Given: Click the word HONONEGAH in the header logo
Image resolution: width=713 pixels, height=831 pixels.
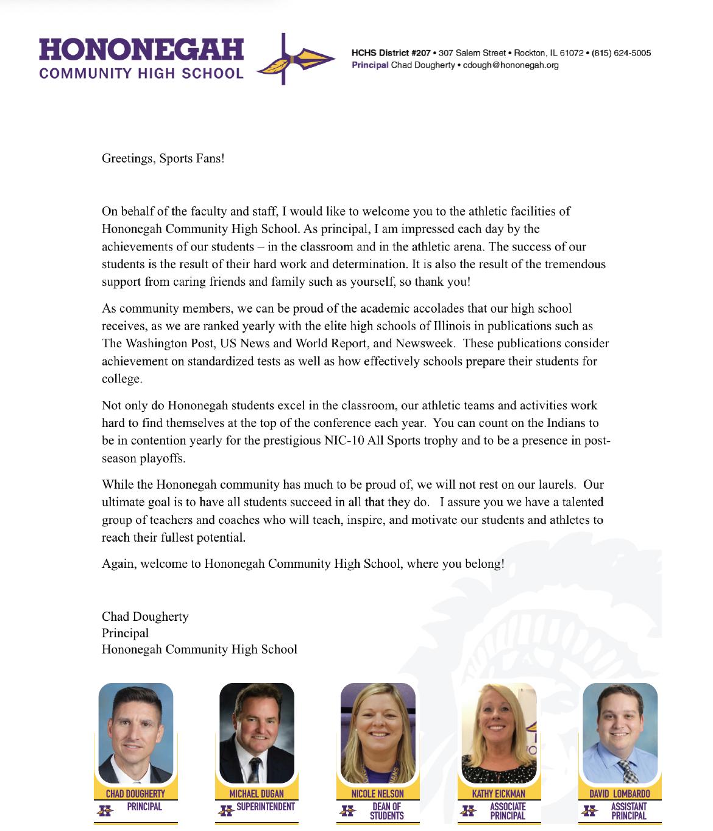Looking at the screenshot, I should (x=141, y=50).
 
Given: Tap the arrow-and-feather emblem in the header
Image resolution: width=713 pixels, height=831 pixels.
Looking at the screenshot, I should (x=296, y=60).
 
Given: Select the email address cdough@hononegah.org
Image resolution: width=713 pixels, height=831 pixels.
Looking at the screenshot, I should (x=511, y=65).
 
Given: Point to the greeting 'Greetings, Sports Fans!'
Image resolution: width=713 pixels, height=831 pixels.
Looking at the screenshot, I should (x=163, y=158).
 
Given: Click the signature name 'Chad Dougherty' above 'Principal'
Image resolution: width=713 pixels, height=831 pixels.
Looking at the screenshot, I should (x=145, y=617).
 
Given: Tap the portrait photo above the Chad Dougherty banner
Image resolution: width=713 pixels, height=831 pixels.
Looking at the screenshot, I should (x=136, y=732).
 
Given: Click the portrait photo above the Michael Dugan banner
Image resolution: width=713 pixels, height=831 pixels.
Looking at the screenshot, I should (x=257, y=732).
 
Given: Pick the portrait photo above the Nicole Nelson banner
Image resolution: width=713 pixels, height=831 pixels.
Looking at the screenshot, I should (x=378, y=732).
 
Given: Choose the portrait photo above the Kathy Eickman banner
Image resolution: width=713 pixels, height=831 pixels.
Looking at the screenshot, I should (x=499, y=732).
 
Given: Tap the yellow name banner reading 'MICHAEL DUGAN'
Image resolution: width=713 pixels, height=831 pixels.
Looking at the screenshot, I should (x=257, y=794).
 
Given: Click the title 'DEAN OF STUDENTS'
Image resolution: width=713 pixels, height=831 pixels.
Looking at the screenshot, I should (x=387, y=811).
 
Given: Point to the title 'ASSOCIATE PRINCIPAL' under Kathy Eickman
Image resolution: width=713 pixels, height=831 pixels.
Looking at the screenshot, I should (x=508, y=811).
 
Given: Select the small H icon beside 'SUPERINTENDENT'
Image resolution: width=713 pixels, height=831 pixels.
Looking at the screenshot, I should (x=226, y=811).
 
